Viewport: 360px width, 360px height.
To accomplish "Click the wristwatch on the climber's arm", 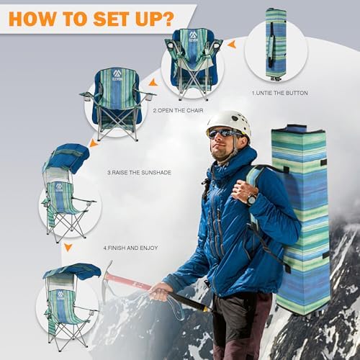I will [x=251, y=199].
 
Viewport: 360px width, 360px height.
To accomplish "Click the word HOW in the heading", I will [x=33, y=17].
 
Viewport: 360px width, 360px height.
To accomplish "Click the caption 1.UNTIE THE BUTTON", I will [x=280, y=94].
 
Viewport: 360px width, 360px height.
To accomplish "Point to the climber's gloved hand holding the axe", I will [x=160, y=291].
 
